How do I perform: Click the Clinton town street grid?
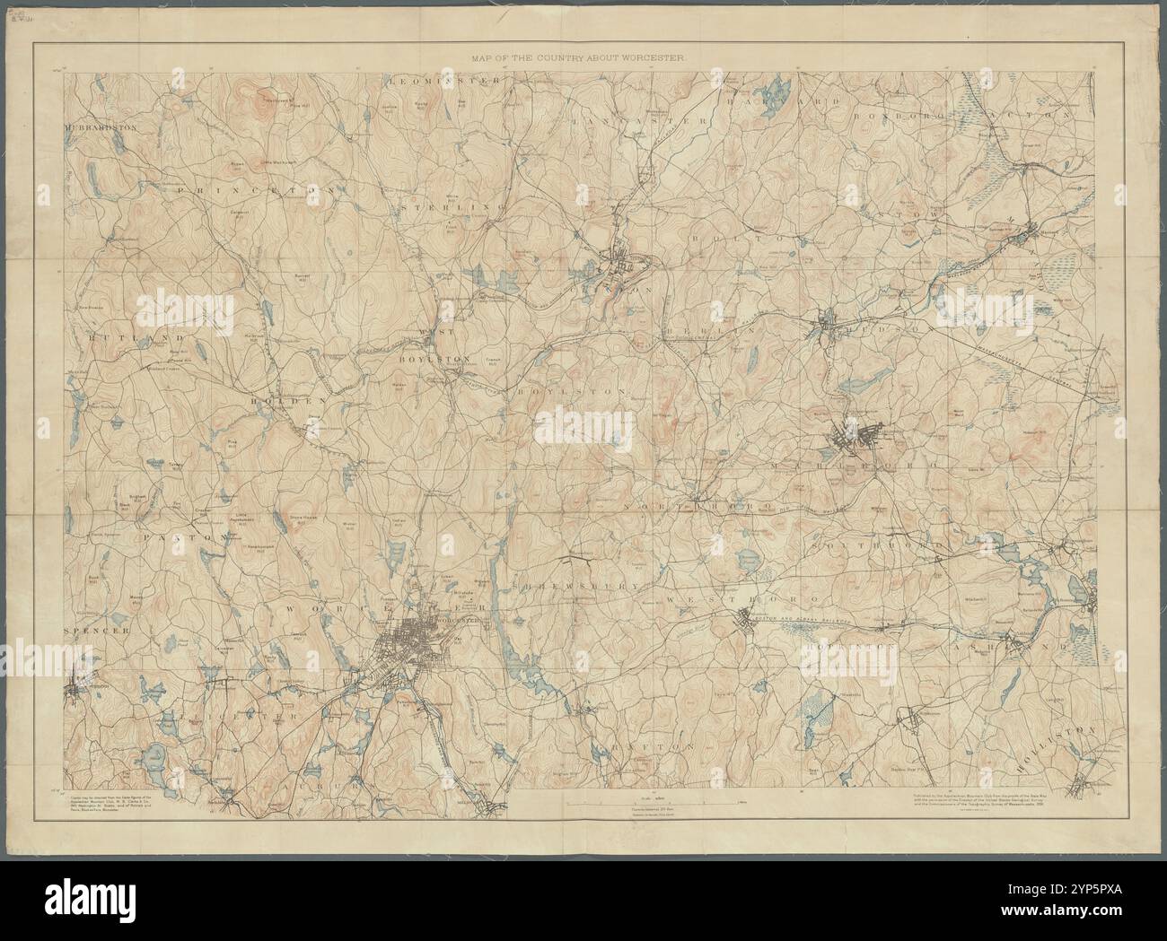[627, 266]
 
